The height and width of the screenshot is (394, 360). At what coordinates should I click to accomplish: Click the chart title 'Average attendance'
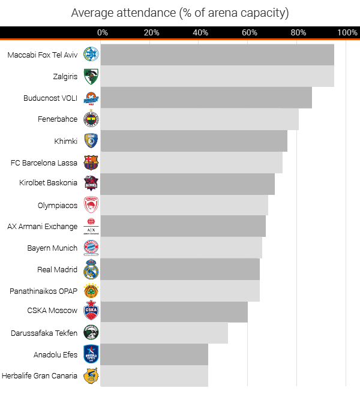(179, 13)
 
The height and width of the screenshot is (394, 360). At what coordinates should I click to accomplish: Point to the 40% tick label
(200, 32)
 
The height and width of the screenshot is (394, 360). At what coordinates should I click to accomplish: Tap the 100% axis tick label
(347, 32)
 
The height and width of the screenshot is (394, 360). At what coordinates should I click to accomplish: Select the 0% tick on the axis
(103, 32)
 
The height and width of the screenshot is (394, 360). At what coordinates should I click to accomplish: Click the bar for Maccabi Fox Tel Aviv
(217, 55)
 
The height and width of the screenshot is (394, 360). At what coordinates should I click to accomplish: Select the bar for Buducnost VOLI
(206, 98)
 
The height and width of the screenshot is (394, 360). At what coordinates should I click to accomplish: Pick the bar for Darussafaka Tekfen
(164, 333)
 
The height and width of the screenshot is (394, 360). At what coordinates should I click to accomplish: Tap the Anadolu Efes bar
(154, 354)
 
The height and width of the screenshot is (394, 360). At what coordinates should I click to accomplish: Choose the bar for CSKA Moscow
(174, 311)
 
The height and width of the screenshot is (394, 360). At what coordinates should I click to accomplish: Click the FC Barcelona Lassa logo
(91, 163)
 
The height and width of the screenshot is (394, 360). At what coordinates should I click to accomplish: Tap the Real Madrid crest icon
(91, 269)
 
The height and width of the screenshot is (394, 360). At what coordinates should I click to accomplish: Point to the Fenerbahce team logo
(91, 119)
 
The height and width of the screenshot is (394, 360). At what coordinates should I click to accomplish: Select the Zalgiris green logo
(91, 76)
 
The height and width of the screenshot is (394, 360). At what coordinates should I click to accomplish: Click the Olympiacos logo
(91, 205)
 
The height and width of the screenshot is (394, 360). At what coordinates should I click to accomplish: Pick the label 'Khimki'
(65, 141)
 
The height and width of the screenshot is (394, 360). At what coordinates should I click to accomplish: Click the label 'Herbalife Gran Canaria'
(40, 376)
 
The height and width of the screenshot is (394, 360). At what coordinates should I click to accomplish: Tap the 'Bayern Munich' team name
(52, 248)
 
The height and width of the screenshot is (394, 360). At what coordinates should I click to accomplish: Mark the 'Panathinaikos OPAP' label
(43, 291)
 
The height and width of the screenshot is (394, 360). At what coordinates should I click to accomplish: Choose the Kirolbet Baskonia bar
(187, 184)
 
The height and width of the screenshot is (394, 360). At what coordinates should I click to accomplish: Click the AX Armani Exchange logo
(91, 227)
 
